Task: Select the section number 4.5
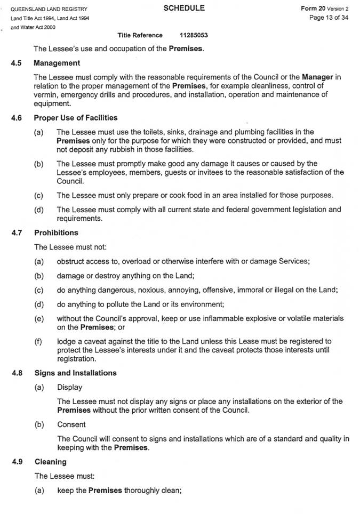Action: point(16,63)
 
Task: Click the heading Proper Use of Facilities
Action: point(75,117)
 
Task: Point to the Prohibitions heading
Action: point(56,232)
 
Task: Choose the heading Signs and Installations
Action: point(75,373)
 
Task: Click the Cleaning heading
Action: point(50,461)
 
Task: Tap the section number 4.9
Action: point(16,461)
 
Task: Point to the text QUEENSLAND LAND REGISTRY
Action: point(45,10)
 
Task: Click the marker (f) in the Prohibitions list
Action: point(38,341)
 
